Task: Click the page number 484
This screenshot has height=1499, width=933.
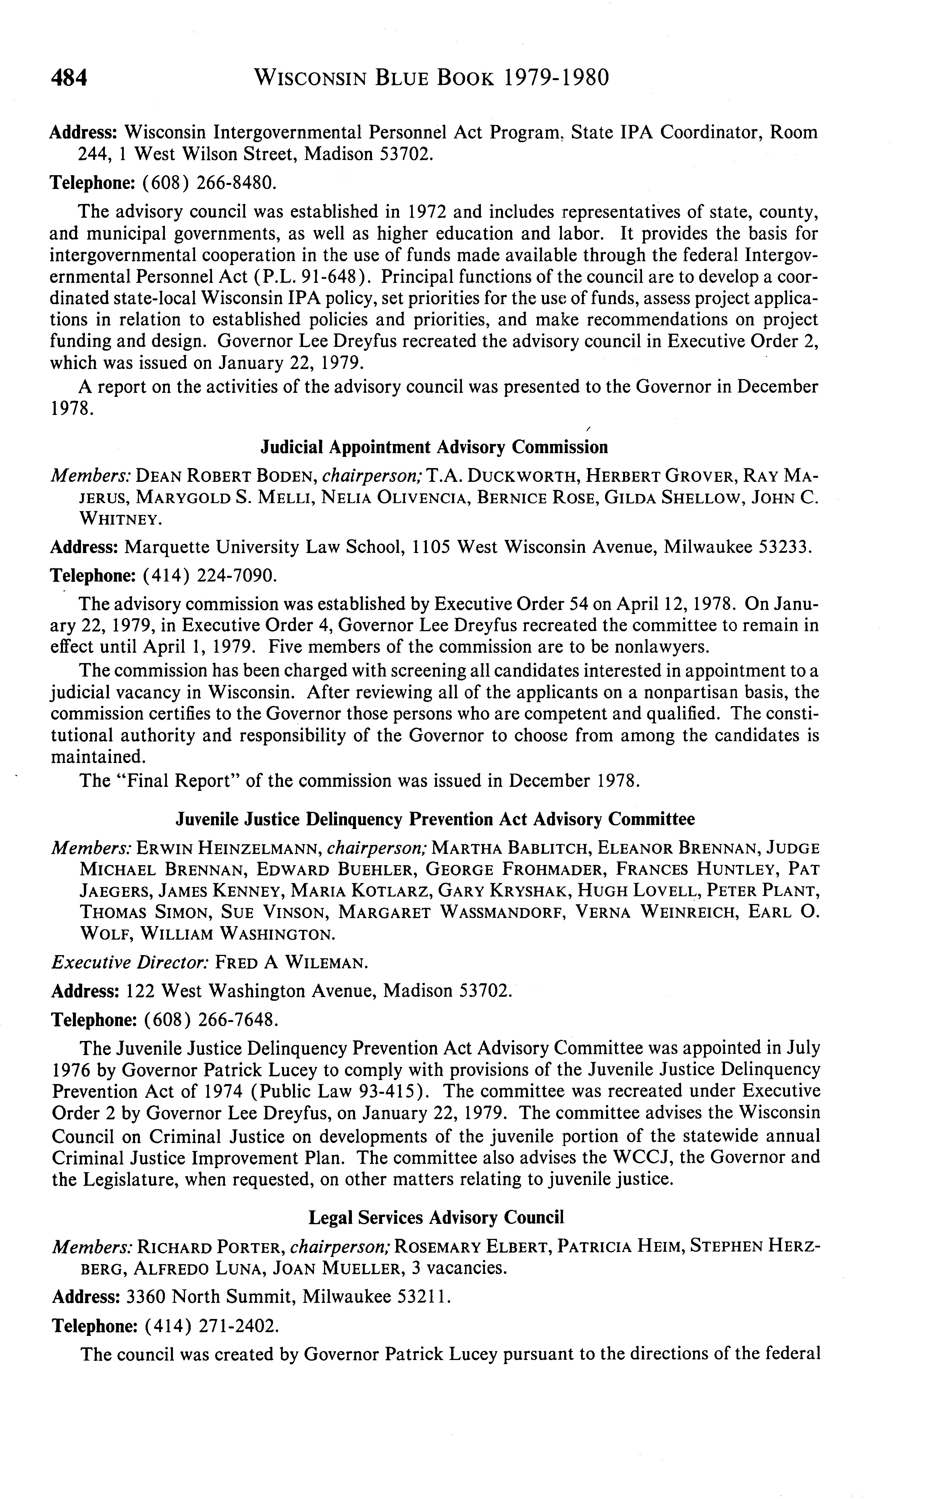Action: point(69,78)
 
